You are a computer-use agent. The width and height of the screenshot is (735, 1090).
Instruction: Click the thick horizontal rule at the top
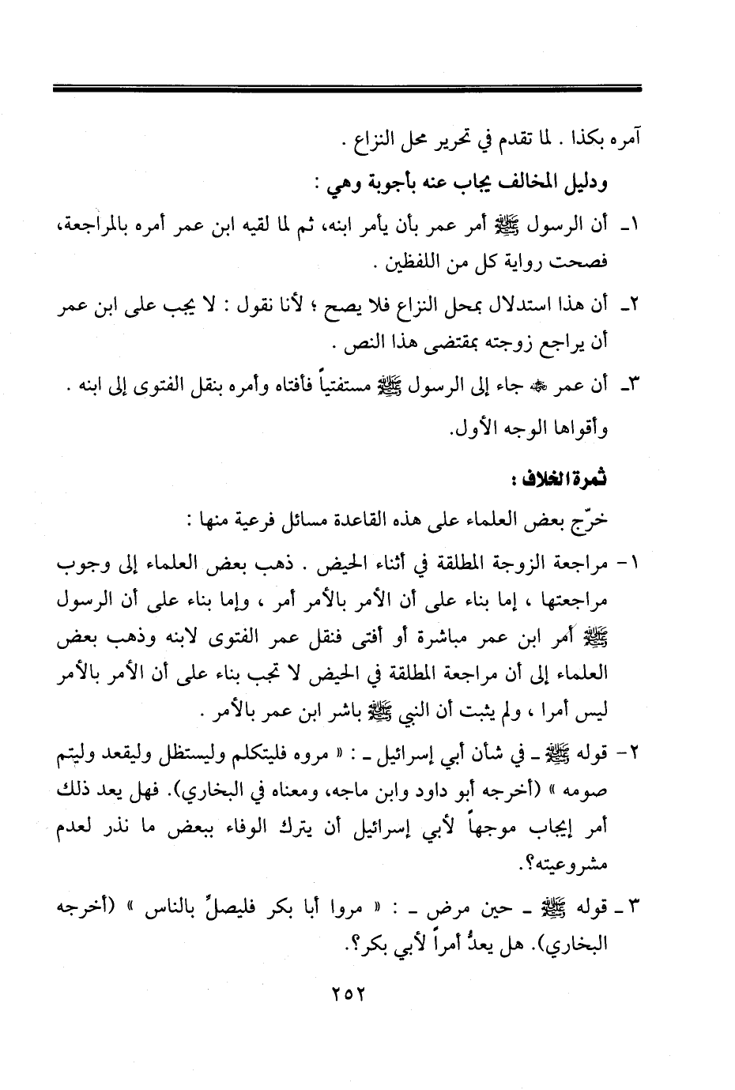click(347, 89)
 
